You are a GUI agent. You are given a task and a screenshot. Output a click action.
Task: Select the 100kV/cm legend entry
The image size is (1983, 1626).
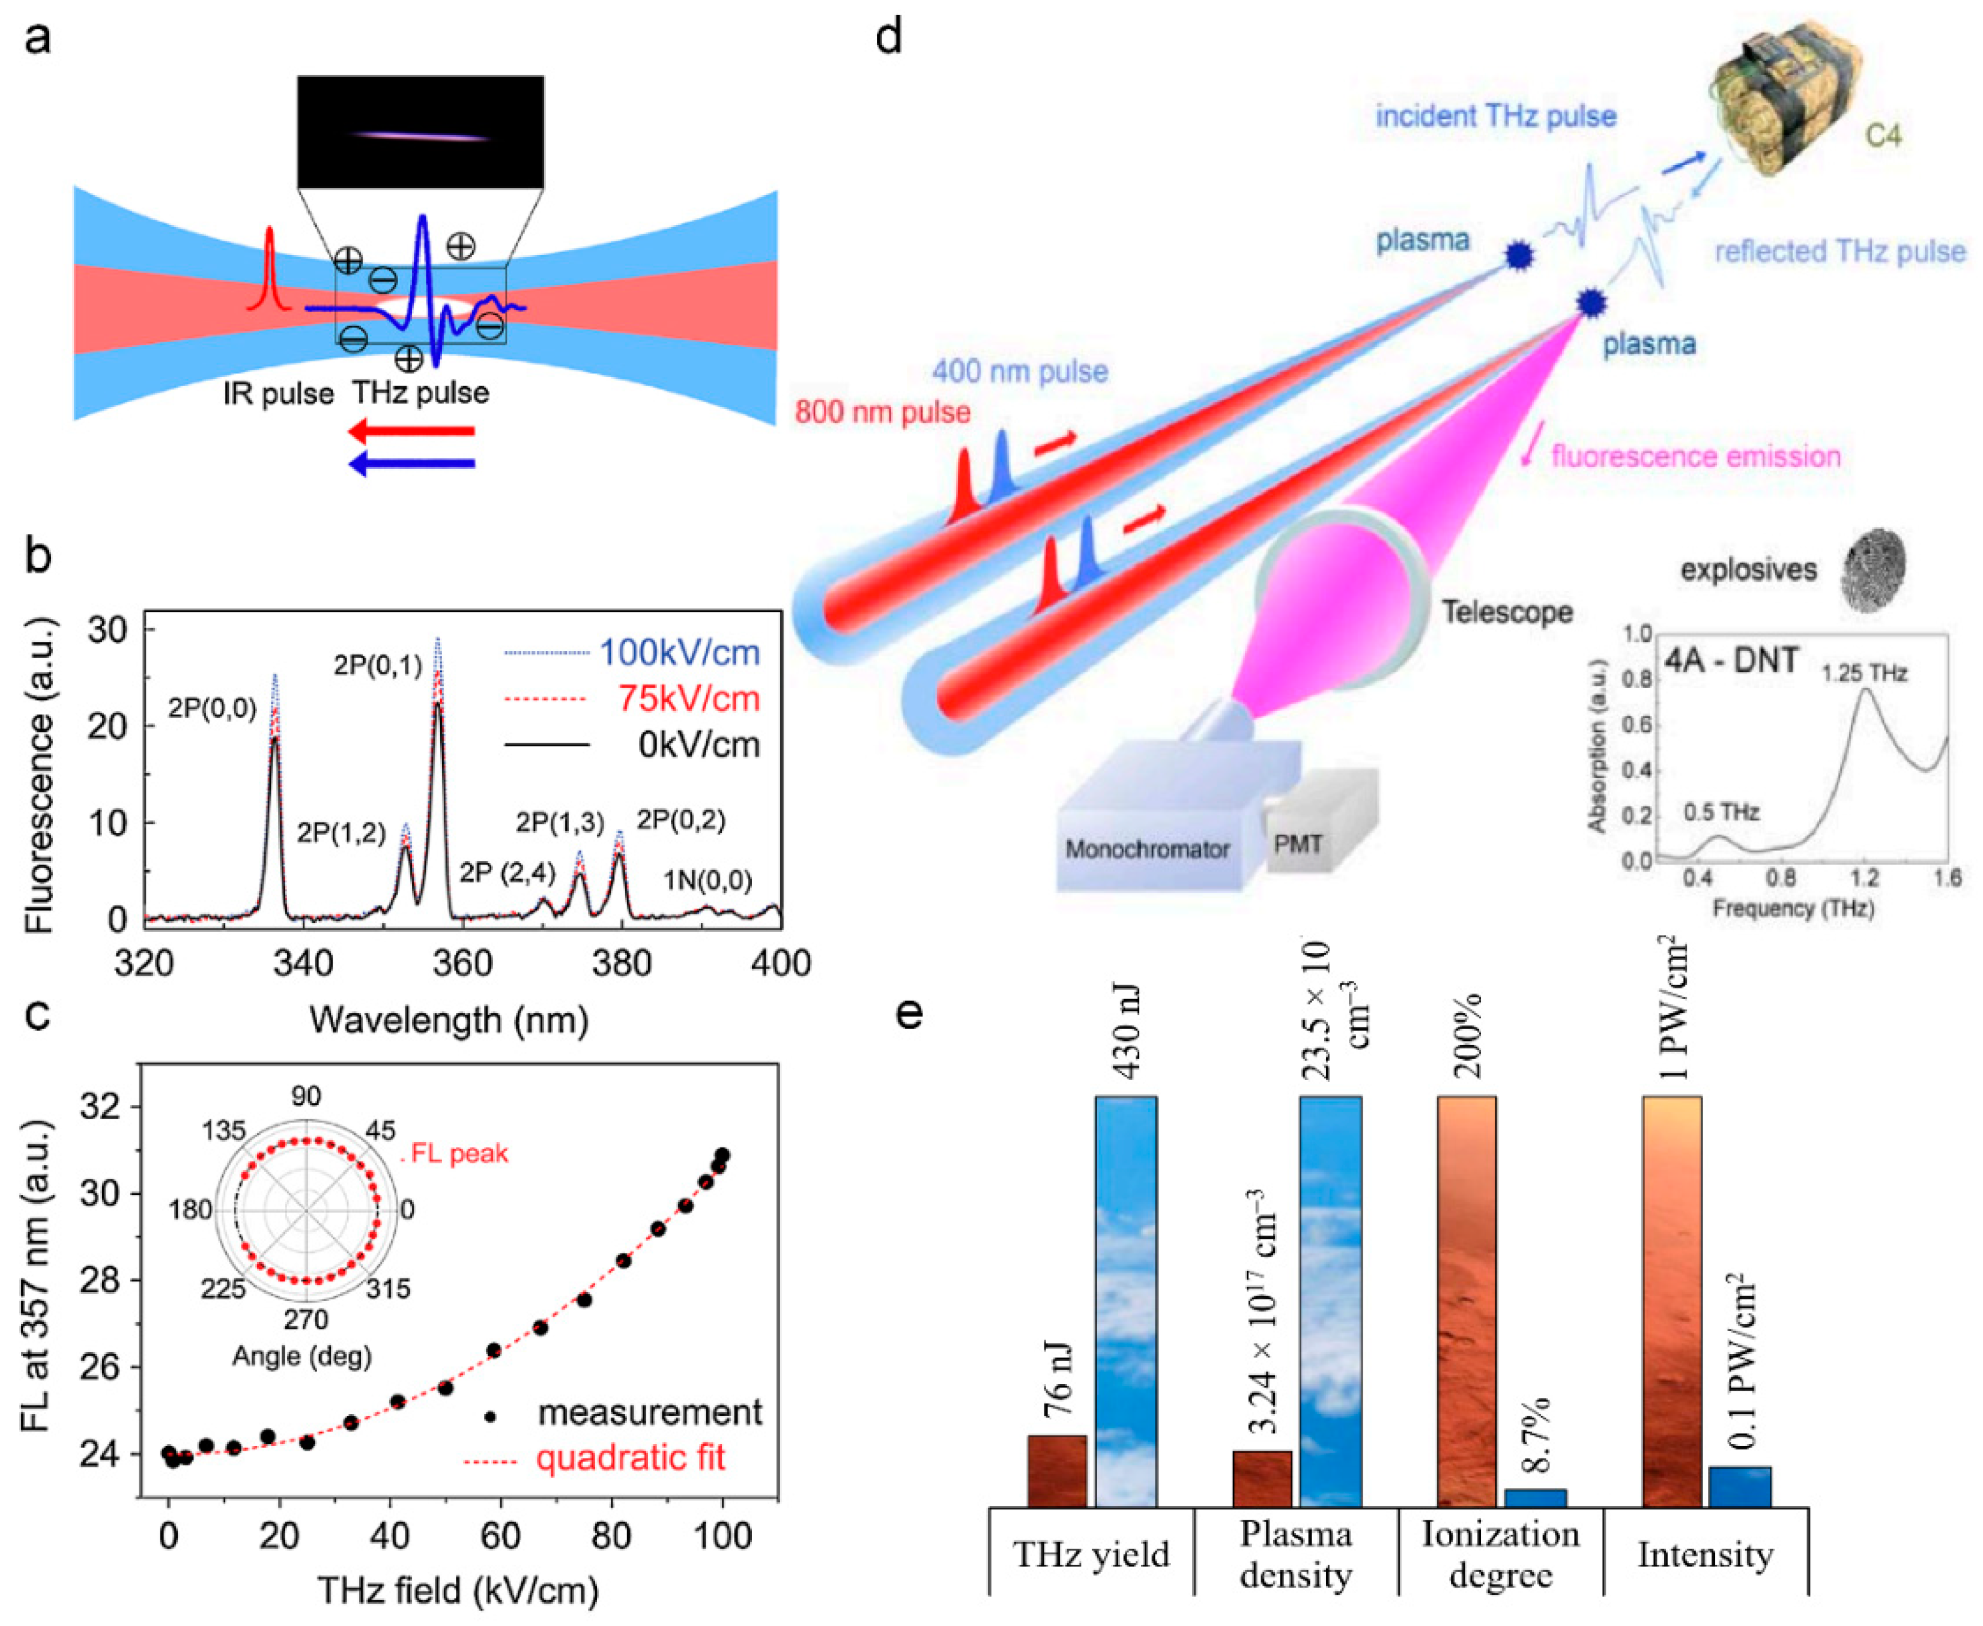(679, 652)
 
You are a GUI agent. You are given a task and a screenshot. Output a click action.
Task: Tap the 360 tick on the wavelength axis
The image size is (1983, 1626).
(464, 963)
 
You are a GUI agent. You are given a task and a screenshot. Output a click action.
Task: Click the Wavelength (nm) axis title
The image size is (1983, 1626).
(450, 1019)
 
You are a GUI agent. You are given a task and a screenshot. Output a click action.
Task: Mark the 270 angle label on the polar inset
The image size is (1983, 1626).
(306, 1320)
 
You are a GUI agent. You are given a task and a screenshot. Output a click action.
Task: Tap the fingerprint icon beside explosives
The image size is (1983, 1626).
(1874, 569)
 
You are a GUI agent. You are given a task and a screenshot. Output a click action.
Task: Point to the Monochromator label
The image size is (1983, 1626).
(1148, 850)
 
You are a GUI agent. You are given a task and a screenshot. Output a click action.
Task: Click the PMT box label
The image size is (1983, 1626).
(1297, 844)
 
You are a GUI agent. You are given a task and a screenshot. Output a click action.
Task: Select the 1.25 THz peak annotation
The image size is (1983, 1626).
(1865, 672)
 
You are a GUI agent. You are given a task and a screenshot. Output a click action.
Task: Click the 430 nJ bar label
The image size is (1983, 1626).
(1127, 1030)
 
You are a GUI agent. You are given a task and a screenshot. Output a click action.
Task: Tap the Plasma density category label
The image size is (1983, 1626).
(1295, 1555)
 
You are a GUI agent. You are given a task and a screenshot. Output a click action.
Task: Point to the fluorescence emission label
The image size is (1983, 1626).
(1695, 456)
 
